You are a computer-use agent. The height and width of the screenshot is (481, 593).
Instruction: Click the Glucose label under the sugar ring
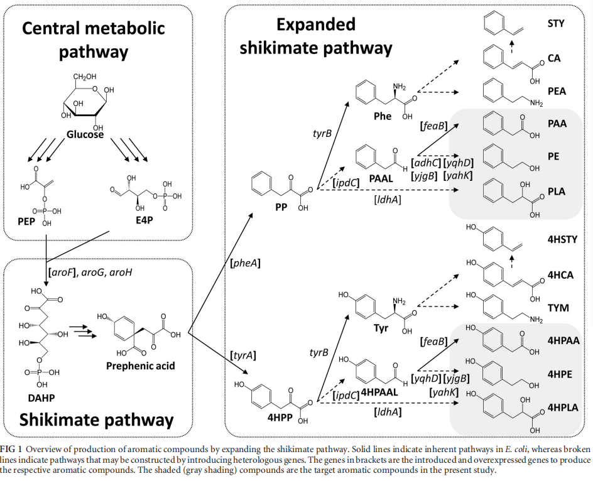coord(85,134)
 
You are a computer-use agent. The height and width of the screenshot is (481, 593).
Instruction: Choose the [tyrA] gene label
coord(242,355)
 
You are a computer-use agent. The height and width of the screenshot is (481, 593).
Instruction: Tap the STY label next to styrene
coord(556,24)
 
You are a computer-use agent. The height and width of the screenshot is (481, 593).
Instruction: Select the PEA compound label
coord(557,91)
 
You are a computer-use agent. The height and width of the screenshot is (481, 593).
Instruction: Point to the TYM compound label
coord(558,308)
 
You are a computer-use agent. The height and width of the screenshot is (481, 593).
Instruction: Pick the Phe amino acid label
coord(382,116)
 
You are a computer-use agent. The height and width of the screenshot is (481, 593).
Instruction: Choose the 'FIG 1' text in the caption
coord(12,449)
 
